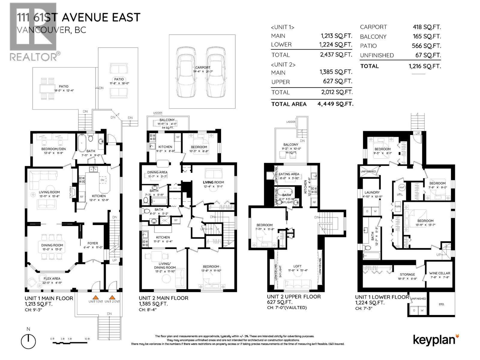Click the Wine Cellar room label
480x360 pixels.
tap(439, 273)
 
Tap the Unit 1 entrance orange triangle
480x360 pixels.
tap(95, 297)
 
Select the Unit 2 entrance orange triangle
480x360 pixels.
tap(112, 297)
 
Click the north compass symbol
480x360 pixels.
tap(28, 341)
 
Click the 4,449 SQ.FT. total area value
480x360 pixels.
tap(335, 104)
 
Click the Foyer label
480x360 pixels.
tap(93, 243)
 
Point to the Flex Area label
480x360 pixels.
tap(52, 278)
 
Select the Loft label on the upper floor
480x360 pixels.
tap(297, 266)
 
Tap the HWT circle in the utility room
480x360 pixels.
tap(402, 187)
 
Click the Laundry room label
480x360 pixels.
tap(372, 192)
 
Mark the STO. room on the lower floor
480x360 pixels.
tap(441, 304)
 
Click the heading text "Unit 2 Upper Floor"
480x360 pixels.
tap(294, 297)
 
